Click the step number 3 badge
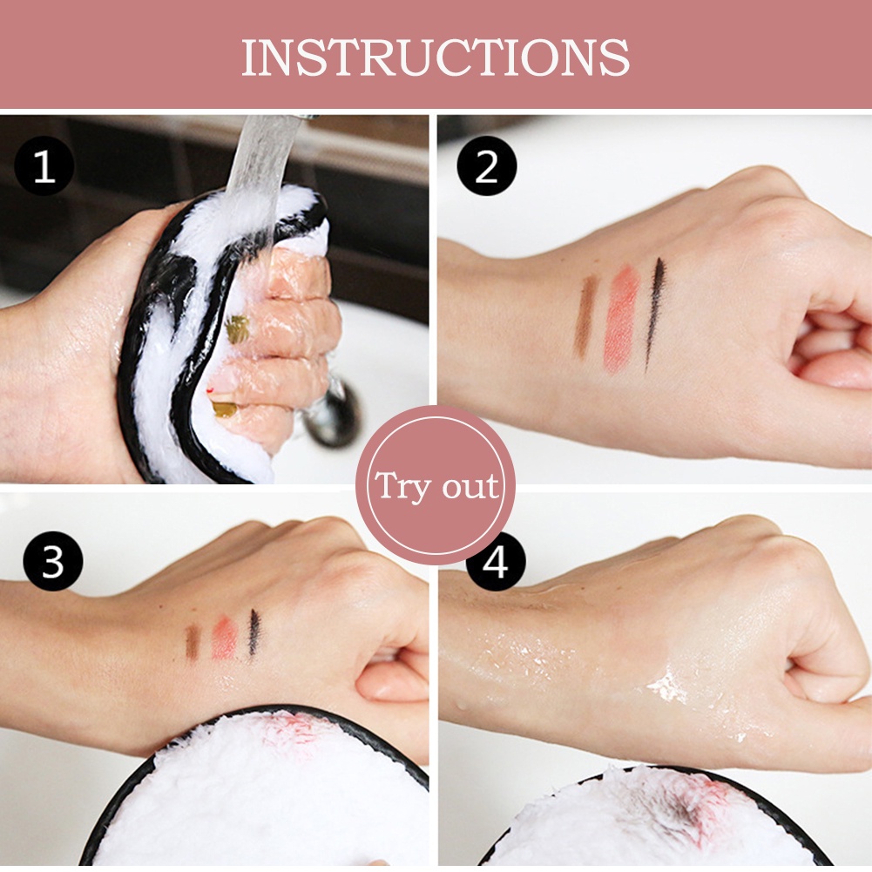point(52,561)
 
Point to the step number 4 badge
point(495,562)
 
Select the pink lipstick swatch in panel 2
point(620,319)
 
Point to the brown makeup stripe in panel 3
point(193,642)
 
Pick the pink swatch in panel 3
point(224,639)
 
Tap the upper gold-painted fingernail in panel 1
point(237,328)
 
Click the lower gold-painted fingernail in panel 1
point(224,406)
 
